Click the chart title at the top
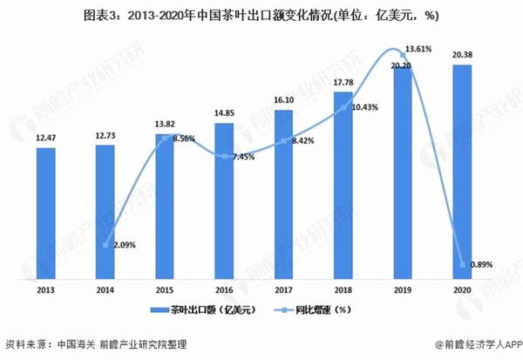(x=261, y=14)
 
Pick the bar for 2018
(x=343, y=183)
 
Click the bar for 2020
(x=463, y=169)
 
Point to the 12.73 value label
(x=105, y=133)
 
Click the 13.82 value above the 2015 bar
(x=164, y=126)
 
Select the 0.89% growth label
(x=478, y=264)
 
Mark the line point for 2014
(x=105, y=245)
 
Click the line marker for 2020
(x=463, y=264)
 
